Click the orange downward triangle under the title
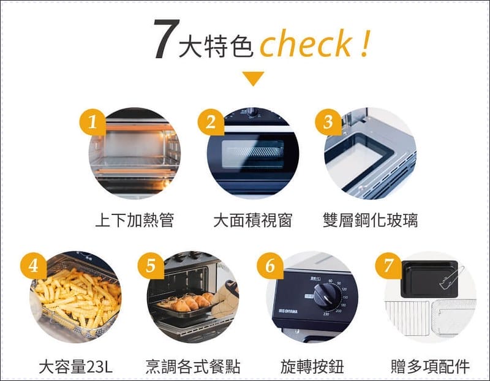(254, 78)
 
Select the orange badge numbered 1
(92, 122)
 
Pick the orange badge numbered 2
(211, 122)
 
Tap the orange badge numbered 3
(328, 122)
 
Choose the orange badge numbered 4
(34, 266)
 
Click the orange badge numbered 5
(151, 266)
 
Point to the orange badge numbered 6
(270, 266)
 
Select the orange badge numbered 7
(388, 266)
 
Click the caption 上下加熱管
(134, 221)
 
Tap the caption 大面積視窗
(252, 221)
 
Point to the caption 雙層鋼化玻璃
(371, 221)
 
